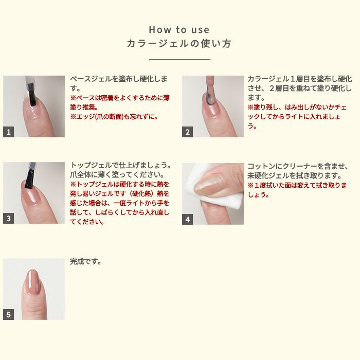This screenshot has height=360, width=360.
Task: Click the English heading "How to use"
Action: click(179, 30)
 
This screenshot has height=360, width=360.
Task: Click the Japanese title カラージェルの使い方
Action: click(179, 44)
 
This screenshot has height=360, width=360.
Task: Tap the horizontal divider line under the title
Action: click(179, 59)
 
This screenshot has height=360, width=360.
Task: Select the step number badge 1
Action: click(9, 132)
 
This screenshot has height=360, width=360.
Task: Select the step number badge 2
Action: click(187, 132)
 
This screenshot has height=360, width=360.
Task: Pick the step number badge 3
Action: click(9, 218)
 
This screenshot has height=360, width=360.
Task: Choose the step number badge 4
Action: click(187, 219)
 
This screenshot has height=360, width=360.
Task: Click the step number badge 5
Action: click(9, 314)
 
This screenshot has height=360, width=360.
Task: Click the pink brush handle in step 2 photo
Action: click(210, 80)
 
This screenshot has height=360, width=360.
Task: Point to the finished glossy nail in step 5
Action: click(33, 281)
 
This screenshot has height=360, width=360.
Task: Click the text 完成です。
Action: click(86, 261)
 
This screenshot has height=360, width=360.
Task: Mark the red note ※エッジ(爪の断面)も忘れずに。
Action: click(114, 117)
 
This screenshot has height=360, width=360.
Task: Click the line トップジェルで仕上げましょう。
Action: click(120, 165)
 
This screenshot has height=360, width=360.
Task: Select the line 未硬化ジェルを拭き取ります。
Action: click(295, 176)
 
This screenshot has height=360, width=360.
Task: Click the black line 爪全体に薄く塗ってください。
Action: click(117, 175)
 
